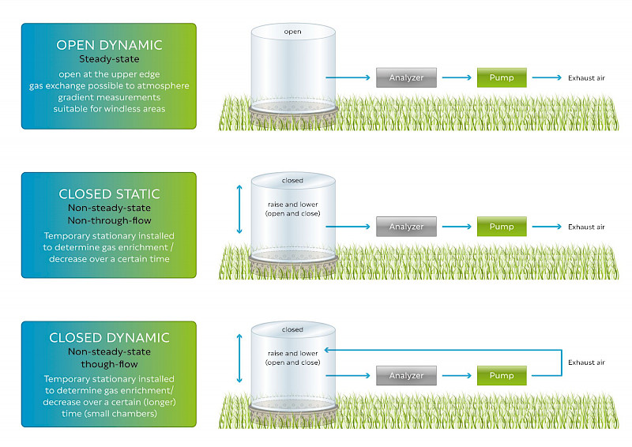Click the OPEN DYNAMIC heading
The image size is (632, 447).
point(109,45)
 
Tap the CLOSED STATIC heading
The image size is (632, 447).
point(109,194)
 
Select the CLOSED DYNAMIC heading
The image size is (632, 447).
point(109,338)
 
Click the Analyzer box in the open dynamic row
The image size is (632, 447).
point(406,77)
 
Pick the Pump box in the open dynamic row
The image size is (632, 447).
point(502,77)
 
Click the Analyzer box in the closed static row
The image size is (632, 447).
point(406,227)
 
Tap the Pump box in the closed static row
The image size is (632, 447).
point(502,227)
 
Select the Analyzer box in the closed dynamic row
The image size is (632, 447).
point(406,375)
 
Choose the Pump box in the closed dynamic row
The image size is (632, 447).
point(502,375)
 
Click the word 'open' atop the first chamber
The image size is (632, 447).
point(292,32)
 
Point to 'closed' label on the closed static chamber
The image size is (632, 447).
point(292,181)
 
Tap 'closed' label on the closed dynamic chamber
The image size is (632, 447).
point(292,329)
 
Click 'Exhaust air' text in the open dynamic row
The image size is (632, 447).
point(586,78)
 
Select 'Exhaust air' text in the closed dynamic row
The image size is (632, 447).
point(586,362)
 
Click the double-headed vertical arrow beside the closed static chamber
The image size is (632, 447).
point(239,209)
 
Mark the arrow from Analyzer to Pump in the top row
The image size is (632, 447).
point(457,77)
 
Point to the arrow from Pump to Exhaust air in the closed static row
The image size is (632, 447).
point(547,227)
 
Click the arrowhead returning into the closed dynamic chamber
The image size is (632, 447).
point(327,350)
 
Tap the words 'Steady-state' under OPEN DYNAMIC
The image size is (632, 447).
point(109,59)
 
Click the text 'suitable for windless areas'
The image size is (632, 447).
point(109,109)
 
